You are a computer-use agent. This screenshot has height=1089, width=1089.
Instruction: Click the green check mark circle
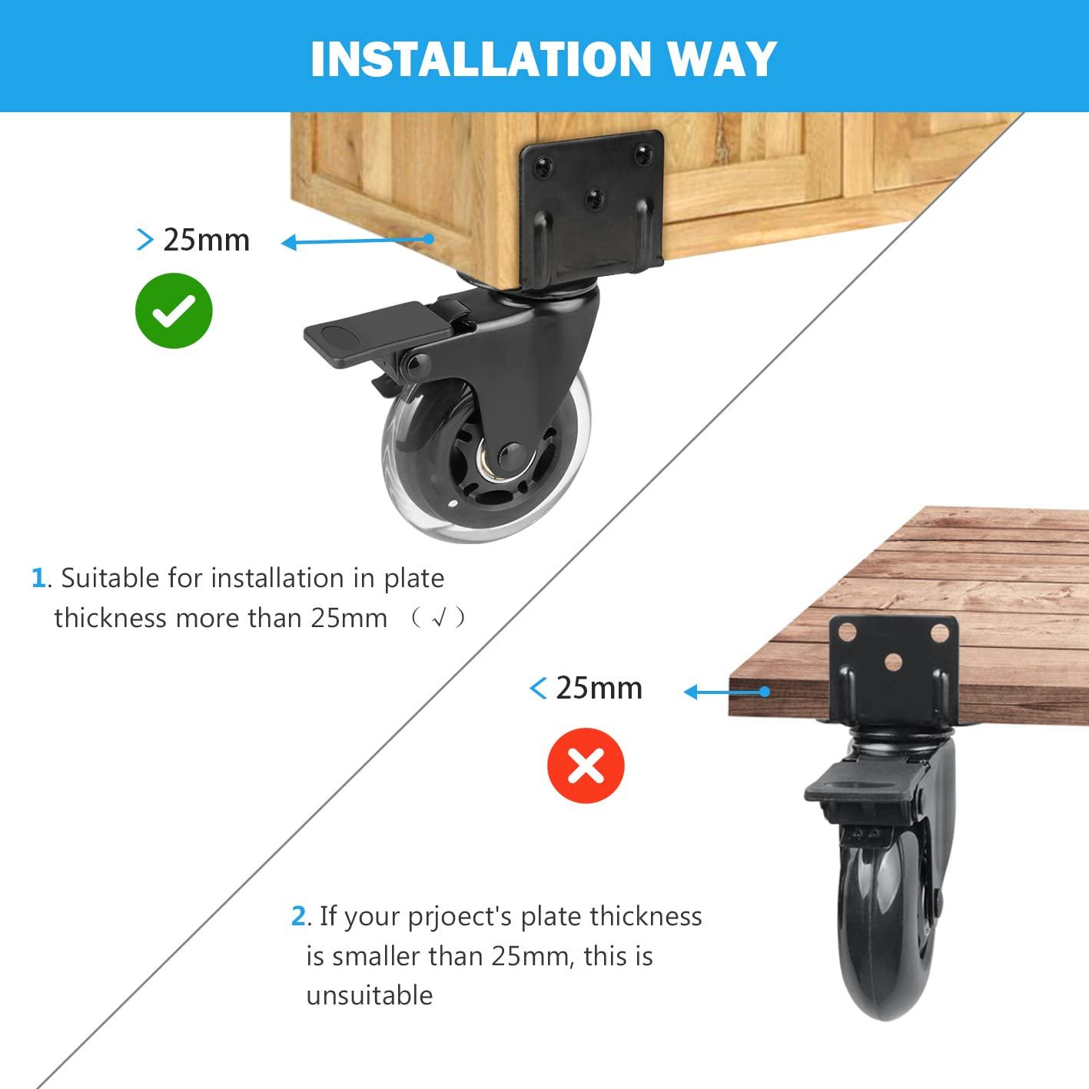pos(174,310)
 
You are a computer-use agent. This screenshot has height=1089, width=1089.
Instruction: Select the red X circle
pos(586,765)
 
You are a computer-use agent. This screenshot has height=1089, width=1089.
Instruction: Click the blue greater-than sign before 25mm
pos(145,239)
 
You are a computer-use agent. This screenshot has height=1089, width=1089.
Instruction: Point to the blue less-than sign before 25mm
pos(538,688)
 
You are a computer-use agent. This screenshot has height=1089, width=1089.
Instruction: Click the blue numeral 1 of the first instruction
pos(38,578)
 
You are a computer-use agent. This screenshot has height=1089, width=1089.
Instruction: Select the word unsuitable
pos(370,995)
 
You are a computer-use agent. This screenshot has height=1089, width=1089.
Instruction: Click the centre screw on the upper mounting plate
pos(595,198)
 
